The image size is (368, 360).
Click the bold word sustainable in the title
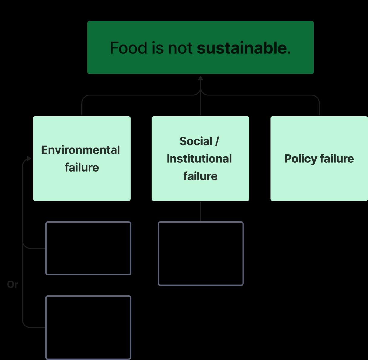point(242,48)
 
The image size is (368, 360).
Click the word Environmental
point(80,150)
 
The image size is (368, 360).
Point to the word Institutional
point(199,159)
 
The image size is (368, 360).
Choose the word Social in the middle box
point(196,141)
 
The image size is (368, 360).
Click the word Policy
point(300,159)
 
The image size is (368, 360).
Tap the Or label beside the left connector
point(12,284)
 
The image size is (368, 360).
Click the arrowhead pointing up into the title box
point(200,79)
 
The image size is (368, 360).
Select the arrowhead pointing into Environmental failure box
point(29,159)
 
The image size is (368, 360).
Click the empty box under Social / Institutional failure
point(200,254)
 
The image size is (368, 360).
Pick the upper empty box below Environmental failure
point(88,248)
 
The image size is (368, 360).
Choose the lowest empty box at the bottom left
point(88,327)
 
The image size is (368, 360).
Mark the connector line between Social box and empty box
point(200,211)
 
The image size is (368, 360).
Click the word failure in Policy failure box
point(337,159)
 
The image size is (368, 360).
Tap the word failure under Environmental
point(82,167)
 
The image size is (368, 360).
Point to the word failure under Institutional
point(200,176)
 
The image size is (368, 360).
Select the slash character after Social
point(217,141)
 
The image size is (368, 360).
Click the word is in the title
point(158,48)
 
